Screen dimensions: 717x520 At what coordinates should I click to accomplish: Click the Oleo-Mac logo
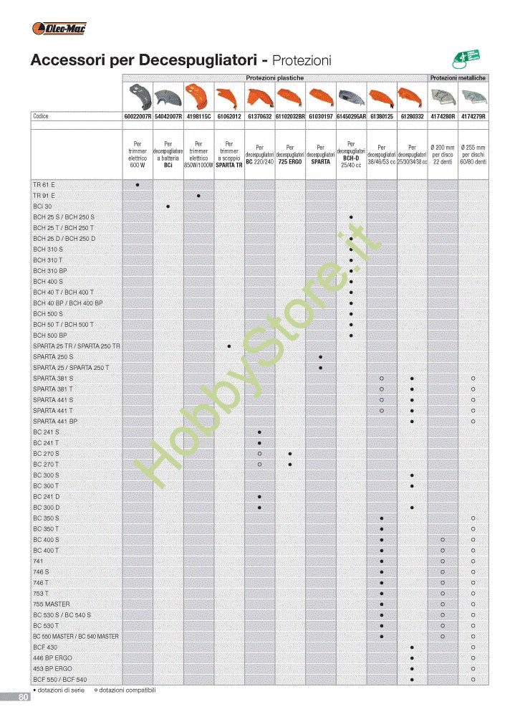tap(59, 28)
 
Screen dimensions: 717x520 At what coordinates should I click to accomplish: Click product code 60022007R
tap(138, 116)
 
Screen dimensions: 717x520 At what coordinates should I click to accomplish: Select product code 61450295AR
tap(351, 116)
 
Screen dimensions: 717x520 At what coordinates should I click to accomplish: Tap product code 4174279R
tap(473, 116)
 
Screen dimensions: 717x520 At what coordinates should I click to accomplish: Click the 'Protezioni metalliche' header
tap(458, 77)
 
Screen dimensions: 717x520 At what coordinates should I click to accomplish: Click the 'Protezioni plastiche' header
tap(275, 77)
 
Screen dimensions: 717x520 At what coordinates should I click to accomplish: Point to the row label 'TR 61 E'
tap(44, 185)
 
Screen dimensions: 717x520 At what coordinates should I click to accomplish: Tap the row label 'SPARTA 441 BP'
tap(55, 422)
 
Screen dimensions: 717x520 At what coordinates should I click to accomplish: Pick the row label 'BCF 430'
tap(45, 647)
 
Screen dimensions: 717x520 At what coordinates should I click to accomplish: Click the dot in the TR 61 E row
tap(138, 185)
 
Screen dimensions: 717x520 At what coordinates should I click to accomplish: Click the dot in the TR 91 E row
tap(198, 196)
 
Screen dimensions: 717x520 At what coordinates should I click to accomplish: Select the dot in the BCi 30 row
tap(168, 206)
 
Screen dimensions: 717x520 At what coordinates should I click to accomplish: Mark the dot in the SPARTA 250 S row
tap(320, 357)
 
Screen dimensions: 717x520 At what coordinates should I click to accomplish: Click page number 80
tap(24, 697)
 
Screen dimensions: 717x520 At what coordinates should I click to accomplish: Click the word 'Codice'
tap(41, 116)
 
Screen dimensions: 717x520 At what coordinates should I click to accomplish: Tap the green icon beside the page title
tap(465, 60)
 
